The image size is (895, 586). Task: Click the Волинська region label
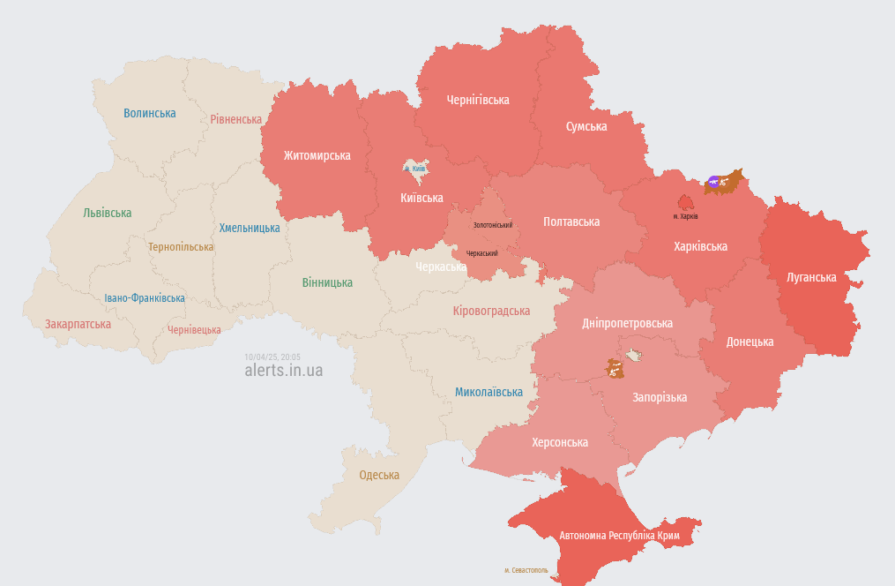click(149, 113)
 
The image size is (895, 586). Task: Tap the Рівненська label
click(235, 119)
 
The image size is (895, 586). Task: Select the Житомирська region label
click(317, 155)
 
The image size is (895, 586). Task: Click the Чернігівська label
click(477, 100)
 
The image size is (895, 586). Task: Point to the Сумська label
click(585, 126)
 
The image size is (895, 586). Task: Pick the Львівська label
click(107, 213)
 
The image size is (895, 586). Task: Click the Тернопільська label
click(181, 247)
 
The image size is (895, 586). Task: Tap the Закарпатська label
click(78, 324)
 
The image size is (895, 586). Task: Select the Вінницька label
click(326, 282)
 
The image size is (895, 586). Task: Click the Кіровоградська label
click(490, 311)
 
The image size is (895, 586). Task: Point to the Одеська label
click(378, 475)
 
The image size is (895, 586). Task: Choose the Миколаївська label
click(489, 392)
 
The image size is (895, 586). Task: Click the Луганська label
click(810, 277)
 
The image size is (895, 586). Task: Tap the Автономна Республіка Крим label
click(619, 536)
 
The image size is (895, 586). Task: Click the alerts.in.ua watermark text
click(283, 371)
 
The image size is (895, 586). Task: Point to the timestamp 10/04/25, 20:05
click(272, 357)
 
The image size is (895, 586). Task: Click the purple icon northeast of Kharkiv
click(713, 182)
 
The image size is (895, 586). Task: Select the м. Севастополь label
click(526, 570)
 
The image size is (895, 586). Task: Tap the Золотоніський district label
click(492, 225)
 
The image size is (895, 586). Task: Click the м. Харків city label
click(685, 216)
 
